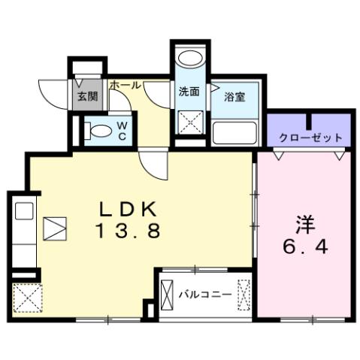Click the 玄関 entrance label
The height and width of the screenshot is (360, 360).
click(87, 96)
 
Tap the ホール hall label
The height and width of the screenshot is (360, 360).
click(124, 86)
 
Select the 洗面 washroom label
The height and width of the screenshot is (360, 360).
click(189, 93)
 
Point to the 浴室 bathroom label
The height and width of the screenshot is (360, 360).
click(234, 95)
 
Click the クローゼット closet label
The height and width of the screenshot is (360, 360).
click(310, 138)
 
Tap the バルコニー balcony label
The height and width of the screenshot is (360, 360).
click(205, 294)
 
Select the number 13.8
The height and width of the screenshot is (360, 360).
click(128, 233)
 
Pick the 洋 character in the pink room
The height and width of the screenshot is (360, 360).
click(304, 224)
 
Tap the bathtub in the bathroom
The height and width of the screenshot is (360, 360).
click(236, 134)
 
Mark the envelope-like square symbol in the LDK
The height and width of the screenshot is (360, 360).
click(54, 228)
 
